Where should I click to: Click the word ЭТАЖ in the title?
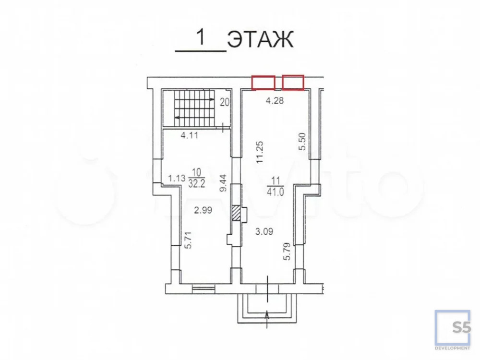(260, 39)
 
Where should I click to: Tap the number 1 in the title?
(201, 37)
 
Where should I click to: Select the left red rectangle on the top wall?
(263, 83)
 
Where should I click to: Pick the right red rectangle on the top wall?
(293, 83)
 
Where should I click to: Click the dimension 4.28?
(275, 100)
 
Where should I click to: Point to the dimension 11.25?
(260, 152)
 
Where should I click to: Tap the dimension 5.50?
(302, 142)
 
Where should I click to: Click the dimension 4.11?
(189, 135)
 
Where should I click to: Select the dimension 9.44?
(224, 183)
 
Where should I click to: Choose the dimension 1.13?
(177, 178)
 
